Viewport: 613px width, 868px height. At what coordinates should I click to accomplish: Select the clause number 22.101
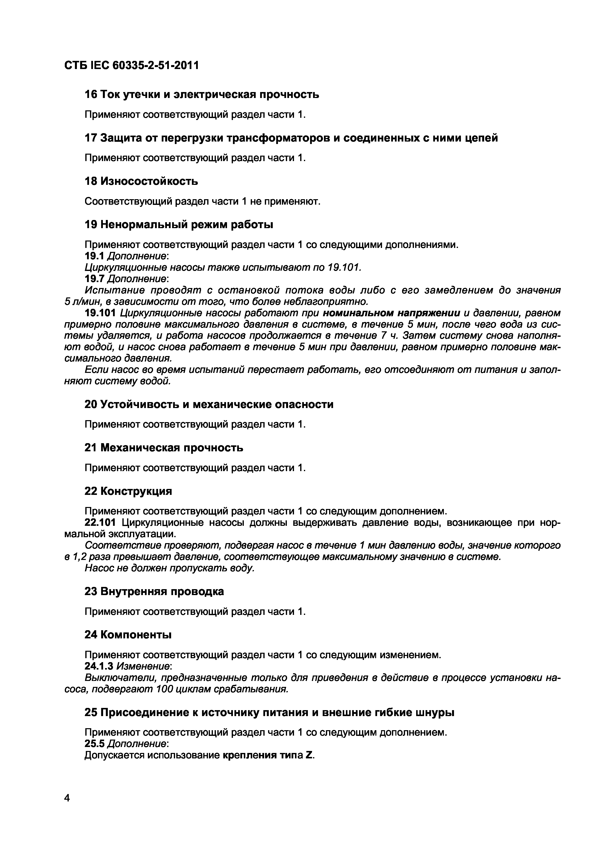[100, 523]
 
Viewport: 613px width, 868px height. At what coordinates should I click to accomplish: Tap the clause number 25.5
[94, 744]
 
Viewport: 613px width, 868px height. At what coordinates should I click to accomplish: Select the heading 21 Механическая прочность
[163, 448]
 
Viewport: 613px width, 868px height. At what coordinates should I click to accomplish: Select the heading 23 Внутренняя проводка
[154, 591]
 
